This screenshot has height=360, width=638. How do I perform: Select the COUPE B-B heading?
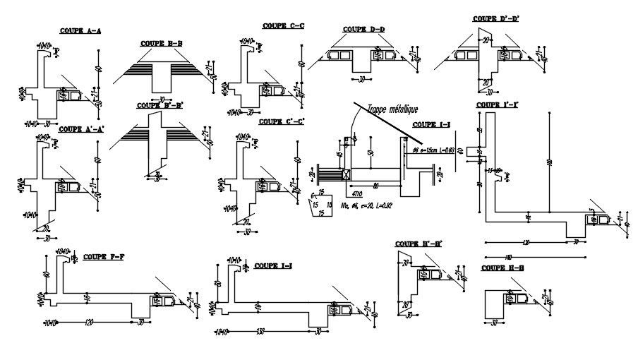point(162,43)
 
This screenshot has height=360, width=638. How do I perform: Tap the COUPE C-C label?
point(283,25)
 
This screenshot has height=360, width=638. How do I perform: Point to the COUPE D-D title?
point(364,30)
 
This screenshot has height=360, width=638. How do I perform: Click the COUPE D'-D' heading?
point(495,18)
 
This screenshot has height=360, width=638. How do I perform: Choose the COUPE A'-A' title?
point(82,129)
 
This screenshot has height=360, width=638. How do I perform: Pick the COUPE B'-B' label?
point(162,105)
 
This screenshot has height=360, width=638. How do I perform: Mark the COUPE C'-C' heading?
point(282,121)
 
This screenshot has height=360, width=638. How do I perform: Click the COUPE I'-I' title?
point(498,105)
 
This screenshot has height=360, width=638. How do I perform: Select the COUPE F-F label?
point(104,256)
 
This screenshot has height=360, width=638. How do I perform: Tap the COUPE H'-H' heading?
point(419,244)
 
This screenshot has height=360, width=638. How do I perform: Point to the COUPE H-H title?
point(502,268)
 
